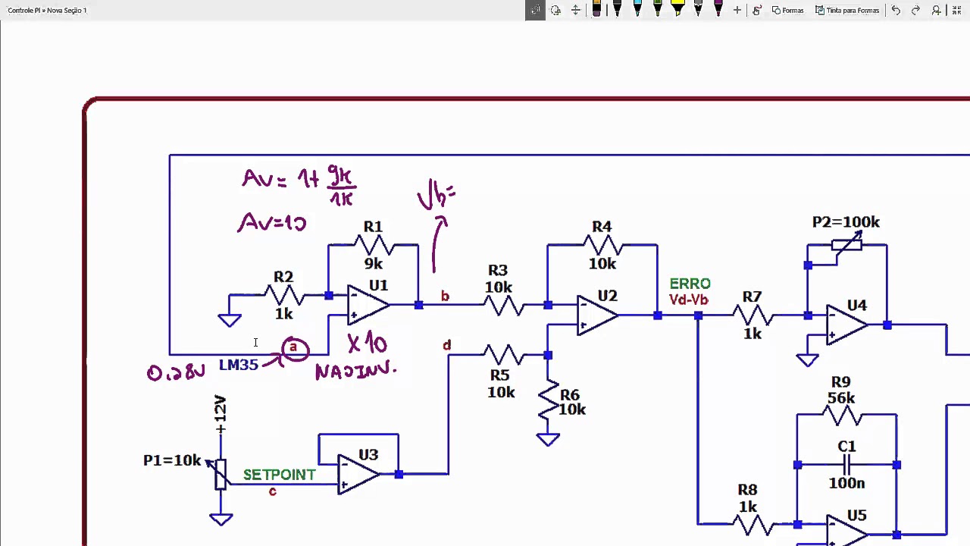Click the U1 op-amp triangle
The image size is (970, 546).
coord(368,305)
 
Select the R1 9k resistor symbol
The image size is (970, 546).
coord(373,245)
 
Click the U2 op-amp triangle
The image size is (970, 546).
coord(596,315)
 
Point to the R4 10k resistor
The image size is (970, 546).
coord(602,245)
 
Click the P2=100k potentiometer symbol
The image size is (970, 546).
coord(846,244)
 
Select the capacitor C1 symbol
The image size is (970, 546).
coord(846,464)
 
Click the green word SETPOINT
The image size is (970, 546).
coord(279,475)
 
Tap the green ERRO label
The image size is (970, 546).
coord(690,284)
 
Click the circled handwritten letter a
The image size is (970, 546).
coord(294,349)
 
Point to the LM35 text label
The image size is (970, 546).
coord(239,365)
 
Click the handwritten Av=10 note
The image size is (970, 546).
coord(271,223)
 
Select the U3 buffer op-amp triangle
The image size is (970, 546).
coord(358,474)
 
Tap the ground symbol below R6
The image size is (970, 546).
coord(547,439)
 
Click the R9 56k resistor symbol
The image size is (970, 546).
coord(841,415)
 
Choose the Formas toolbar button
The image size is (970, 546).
coord(787,10)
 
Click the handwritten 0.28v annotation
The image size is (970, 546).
coord(176,372)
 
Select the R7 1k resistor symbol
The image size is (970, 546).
coord(752,315)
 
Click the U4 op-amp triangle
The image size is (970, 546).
coord(846,325)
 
